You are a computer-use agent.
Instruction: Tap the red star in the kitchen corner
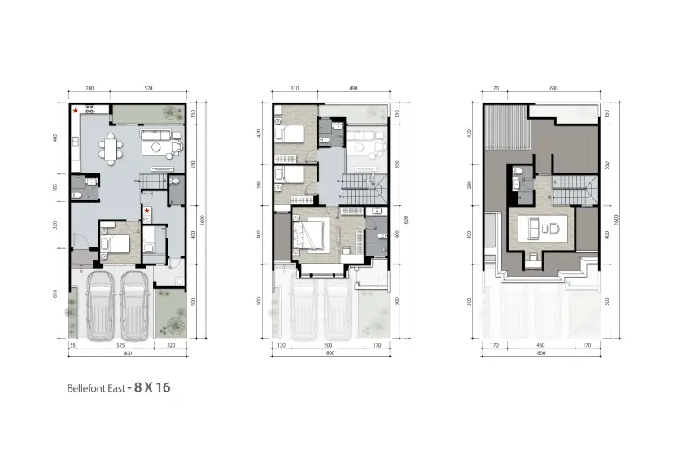click(76, 111)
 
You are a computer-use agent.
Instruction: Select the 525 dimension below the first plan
click(119, 346)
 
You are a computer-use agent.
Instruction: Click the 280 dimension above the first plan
click(90, 87)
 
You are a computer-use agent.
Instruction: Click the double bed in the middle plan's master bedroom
click(313, 234)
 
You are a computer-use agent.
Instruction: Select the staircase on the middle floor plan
click(361, 190)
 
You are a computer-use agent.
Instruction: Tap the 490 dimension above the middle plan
click(353, 87)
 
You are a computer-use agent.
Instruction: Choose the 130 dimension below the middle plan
click(281, 346)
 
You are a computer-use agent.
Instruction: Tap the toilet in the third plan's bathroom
click(518, 173)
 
